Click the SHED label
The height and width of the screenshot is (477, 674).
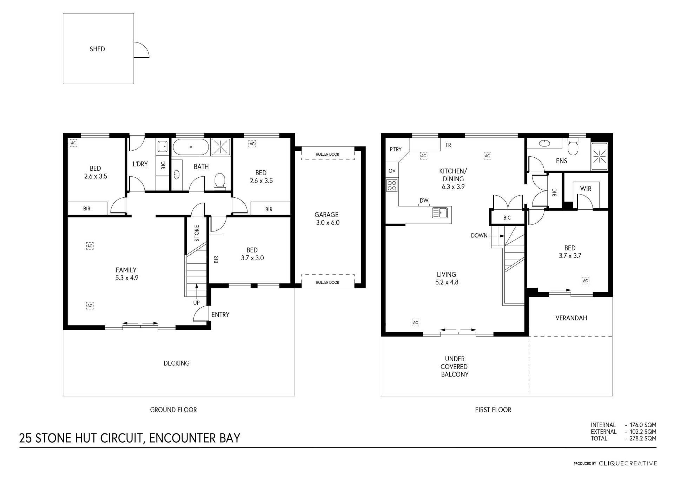(x=97, y=49)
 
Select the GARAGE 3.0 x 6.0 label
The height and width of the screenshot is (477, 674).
(x=327, y=218)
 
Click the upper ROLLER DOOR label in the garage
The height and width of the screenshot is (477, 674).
(x=328, y=154)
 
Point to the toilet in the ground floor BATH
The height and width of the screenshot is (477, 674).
(x=220, y=181)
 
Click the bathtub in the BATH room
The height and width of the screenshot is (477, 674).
(x=191, y=147)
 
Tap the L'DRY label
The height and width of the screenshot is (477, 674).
(x=140, y=164)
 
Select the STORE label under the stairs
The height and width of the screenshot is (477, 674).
(x=197, y=233)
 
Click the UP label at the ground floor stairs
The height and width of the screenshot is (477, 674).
(x=197, y=303)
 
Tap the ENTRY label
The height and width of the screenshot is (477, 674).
(x=220, y=315)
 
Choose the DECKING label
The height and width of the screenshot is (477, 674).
(x=177, y=363)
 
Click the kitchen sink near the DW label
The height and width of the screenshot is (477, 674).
(x=440, y=213)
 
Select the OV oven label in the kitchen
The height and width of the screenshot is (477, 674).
(x=392, y=171)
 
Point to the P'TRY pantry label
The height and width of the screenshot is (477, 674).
(x=396, y=149)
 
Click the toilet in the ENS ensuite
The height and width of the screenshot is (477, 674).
(x=573, y=148)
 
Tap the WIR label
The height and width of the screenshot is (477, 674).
(x=586, y=189)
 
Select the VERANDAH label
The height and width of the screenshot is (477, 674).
(x=571, y=318)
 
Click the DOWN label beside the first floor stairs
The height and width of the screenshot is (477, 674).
(x=479, y=236)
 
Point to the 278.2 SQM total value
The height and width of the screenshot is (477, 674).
(x=643, y=438)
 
